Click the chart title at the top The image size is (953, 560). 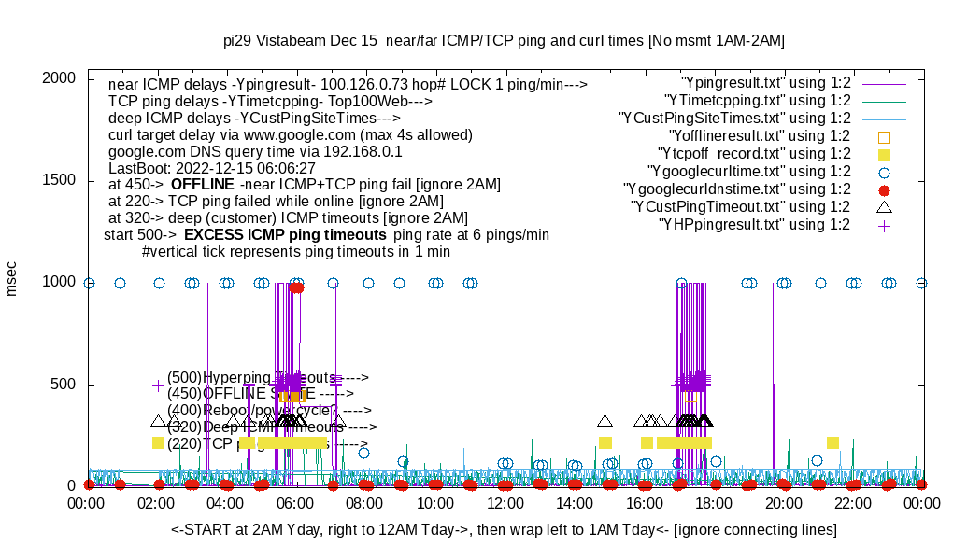pos(504,41)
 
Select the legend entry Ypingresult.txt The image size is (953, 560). pos(766,82)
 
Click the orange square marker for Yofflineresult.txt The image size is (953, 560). pos(884,136)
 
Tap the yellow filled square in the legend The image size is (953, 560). pos(884,154)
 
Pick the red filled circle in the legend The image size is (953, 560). pos(884,189)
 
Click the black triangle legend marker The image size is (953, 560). pos(884,206)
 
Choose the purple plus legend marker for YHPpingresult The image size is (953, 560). pos(884,225)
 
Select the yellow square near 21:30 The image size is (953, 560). pos(832,442)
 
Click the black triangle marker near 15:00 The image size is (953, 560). pos(605,421)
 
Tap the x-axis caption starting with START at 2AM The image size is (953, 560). pos(504,530)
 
